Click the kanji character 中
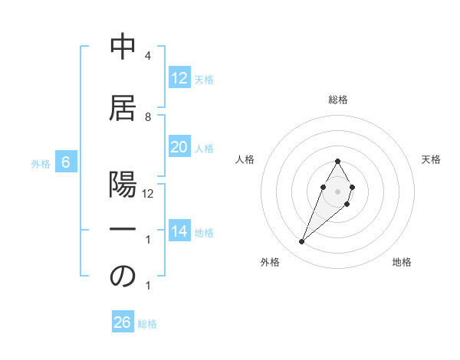pyautogui.click(x=123, y=47)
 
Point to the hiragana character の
pyautogui.click(x=123, y=277)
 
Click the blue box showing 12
pyautogui.click(x=179, y=77)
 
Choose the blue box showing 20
pyautogui.click(x=179, y=147)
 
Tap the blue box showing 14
pyautogui.click(x=179, y=231)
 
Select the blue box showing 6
pyautogui.click(x=66, y=162)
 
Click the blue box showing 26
pyautogui.click(x=123, y=322)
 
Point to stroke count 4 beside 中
pyautogui.click(x=147, y=57)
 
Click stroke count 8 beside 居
pyautogui.click(x=147, y=116)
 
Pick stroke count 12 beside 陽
pyautogui.click(x=148, y=194)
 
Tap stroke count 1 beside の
pyautogui.click(x=147, y=286)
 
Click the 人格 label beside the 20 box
pyautogui.click(x=204, y=148)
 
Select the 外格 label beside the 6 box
pyautogui.click(x=41, y=163)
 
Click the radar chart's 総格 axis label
pyautogui.click(x=337, y=100)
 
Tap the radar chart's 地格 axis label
pyautogui.click(x=402, y=263)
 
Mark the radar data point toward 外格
pyautogui.click(x=301, y=242)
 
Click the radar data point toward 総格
pyautogui.click(x=337, y=161)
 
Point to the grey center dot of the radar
pyautogui.click(x=337, y=190)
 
